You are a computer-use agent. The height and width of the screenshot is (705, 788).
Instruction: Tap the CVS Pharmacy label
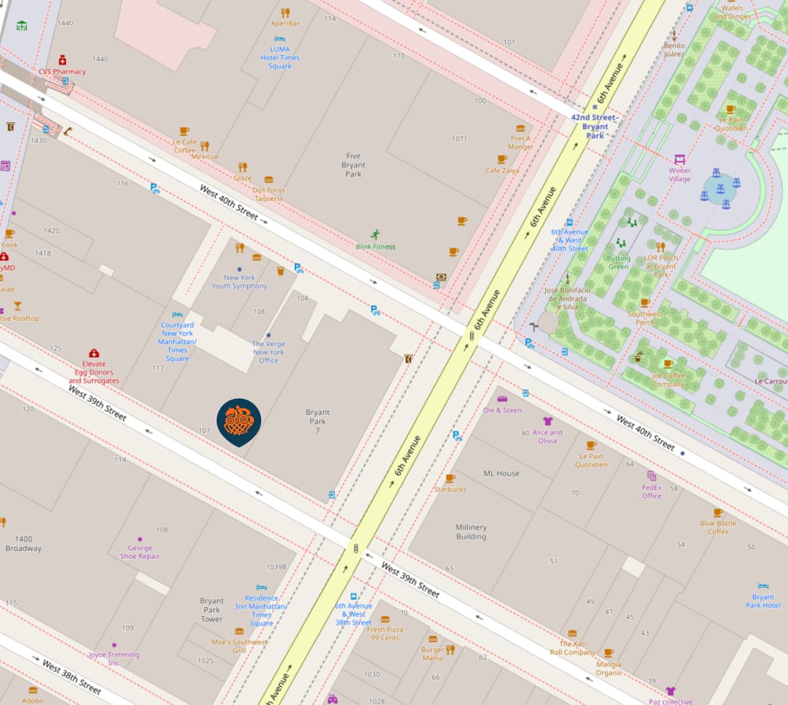62,72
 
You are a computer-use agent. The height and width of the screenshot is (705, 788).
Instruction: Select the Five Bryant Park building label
353,165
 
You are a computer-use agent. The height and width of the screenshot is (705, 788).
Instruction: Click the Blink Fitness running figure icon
375,234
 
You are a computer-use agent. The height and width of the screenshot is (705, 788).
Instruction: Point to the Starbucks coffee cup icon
450,478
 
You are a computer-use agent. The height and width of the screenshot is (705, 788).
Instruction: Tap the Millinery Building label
471,531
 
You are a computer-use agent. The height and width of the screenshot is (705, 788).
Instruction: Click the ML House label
501,473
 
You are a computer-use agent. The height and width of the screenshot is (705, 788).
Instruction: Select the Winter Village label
679,174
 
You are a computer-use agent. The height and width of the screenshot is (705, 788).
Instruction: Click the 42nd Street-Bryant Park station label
595,127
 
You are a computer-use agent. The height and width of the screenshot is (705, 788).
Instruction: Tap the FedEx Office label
652,492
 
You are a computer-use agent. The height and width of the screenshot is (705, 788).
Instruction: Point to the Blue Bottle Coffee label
718,527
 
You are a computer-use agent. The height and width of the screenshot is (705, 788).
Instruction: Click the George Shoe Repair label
140,552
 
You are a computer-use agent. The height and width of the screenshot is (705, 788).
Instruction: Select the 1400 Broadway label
24,544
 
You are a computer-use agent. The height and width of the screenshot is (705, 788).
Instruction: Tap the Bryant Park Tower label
212,610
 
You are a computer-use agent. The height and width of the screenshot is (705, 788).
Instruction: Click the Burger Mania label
432,653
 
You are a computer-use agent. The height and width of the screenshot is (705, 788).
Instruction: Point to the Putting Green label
618,262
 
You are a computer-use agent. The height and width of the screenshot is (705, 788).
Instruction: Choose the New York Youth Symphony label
240,281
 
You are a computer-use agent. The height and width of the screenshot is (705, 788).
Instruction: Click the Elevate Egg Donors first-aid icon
94,353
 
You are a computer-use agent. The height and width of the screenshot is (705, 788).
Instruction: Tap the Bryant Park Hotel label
763,601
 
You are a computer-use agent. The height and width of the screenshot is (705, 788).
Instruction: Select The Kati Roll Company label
573,648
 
